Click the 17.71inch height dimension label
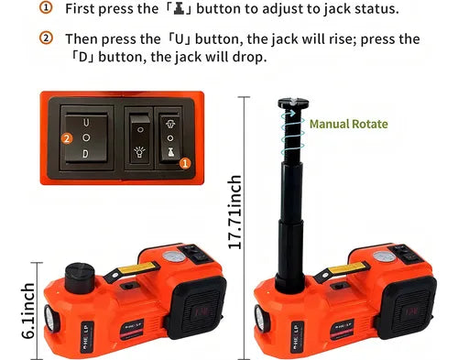coord(235,213)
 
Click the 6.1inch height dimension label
coord(28,311)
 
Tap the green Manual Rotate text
coord(349,124)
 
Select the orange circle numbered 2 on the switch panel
coord(67,139)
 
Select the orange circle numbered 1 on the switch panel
coord(185,163)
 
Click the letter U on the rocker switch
coord(86,123)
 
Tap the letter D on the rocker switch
coord(85,154)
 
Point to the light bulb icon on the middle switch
coord(139,151)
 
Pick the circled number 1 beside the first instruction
coord(46,8)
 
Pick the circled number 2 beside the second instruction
coord(46,38)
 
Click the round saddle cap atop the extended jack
coord(293,104)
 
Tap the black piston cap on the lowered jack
coord(80,278)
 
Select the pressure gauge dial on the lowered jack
coord(174,257)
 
